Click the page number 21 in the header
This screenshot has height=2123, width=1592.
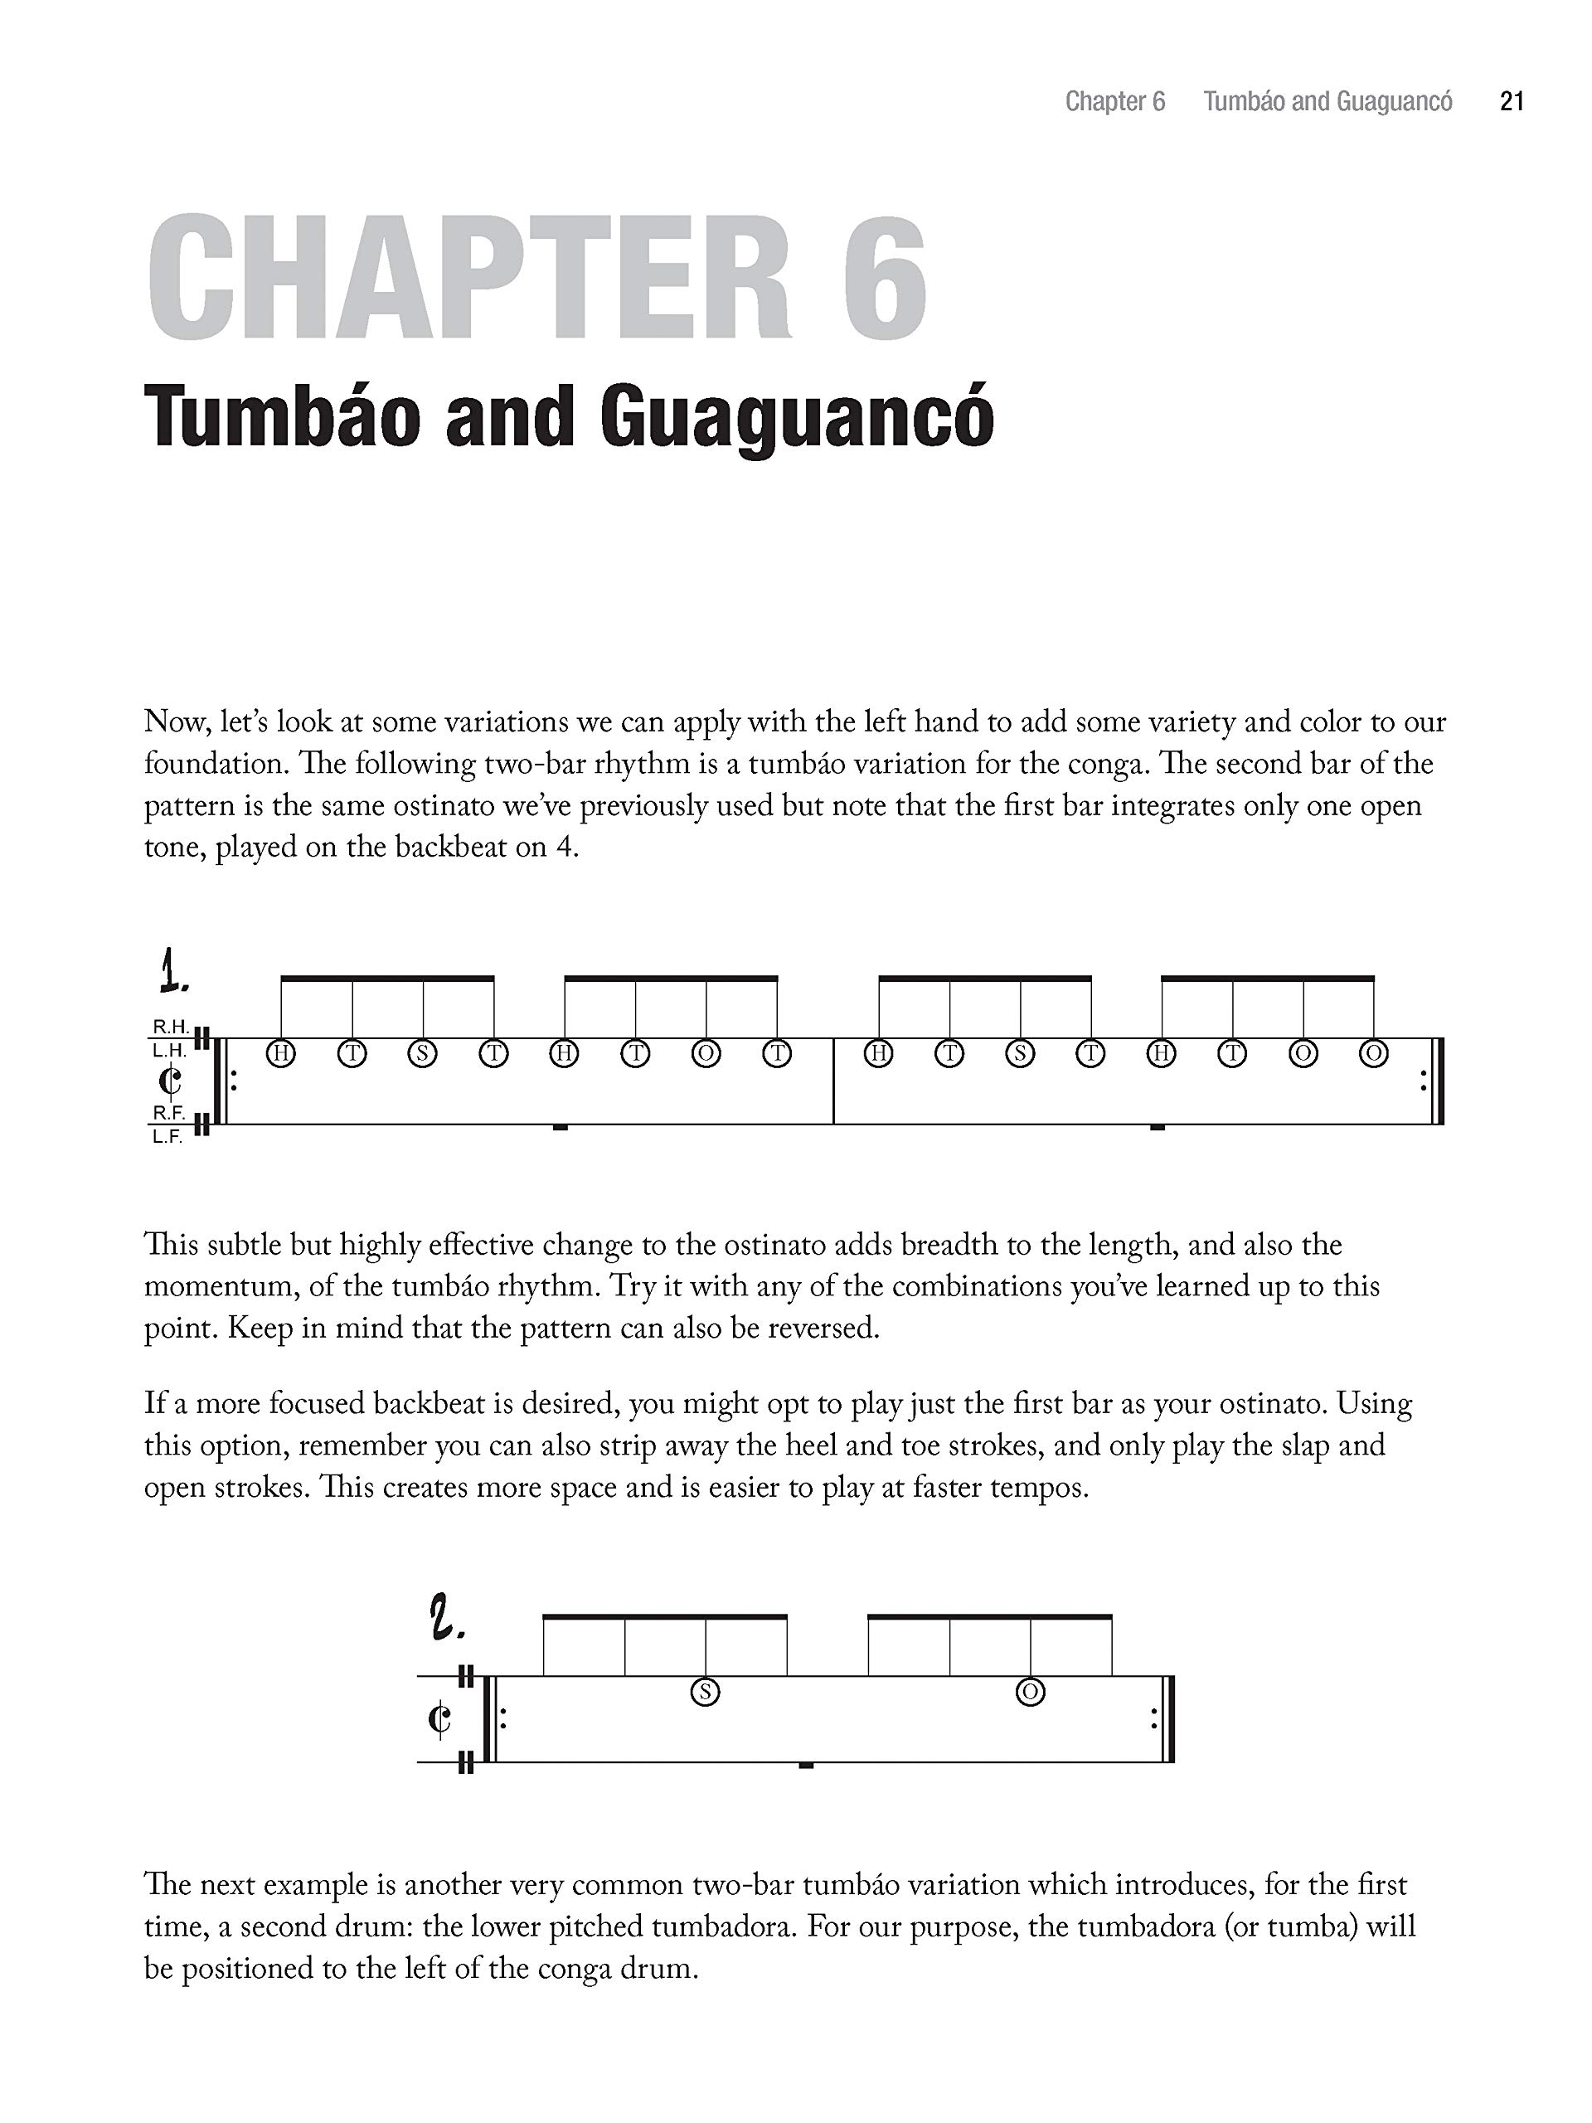[1512, 102]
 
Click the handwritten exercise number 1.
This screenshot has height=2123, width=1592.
[172, 970]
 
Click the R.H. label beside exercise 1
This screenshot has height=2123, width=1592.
[170, 1027]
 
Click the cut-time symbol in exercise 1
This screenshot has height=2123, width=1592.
[170, 1081]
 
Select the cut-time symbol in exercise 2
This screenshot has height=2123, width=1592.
[439, 1719]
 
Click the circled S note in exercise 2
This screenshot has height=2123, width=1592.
[706, 1692]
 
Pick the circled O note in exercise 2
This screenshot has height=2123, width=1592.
[1031, 1692]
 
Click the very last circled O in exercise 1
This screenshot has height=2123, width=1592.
[1374, 1054]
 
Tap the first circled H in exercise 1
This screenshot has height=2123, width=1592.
[281, 1054]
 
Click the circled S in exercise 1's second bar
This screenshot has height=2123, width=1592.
[1020, 1054]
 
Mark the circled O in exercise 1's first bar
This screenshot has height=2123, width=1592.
[706, 1054]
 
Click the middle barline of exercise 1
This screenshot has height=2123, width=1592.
[834, 1081]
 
